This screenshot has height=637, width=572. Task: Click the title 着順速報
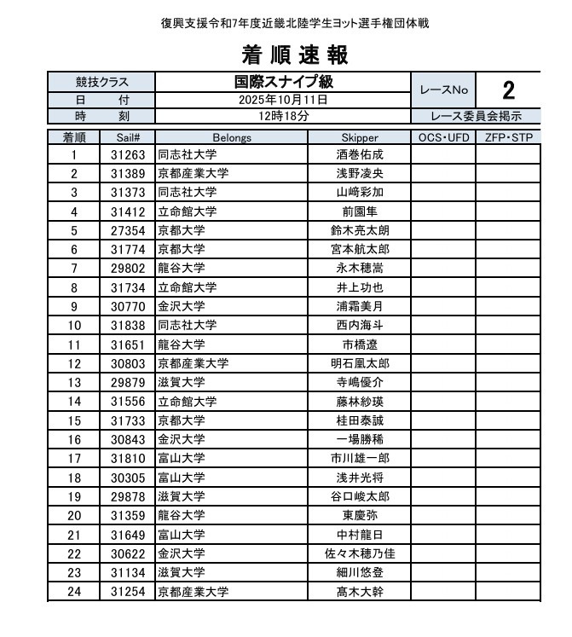point(294,55)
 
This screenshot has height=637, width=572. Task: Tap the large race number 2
point(508,90)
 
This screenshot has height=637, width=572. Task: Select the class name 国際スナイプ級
point(283,83)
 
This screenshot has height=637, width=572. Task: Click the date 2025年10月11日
point(283,100)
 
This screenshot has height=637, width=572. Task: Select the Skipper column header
point(359,136)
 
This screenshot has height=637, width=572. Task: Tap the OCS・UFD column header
point(443,136)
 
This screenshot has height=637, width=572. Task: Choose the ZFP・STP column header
point(508,136)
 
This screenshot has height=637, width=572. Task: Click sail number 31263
point(128,155)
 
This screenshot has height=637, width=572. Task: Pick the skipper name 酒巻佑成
point(359,155)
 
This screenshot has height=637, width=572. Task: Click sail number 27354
point(128,230)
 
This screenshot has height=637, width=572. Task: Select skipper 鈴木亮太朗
point(359,230)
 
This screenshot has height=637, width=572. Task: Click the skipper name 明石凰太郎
point(359,363)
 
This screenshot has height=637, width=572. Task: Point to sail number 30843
point(128,439)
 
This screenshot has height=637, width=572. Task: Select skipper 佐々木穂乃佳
point(359,553)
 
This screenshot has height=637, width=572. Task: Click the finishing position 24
point(74,590)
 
